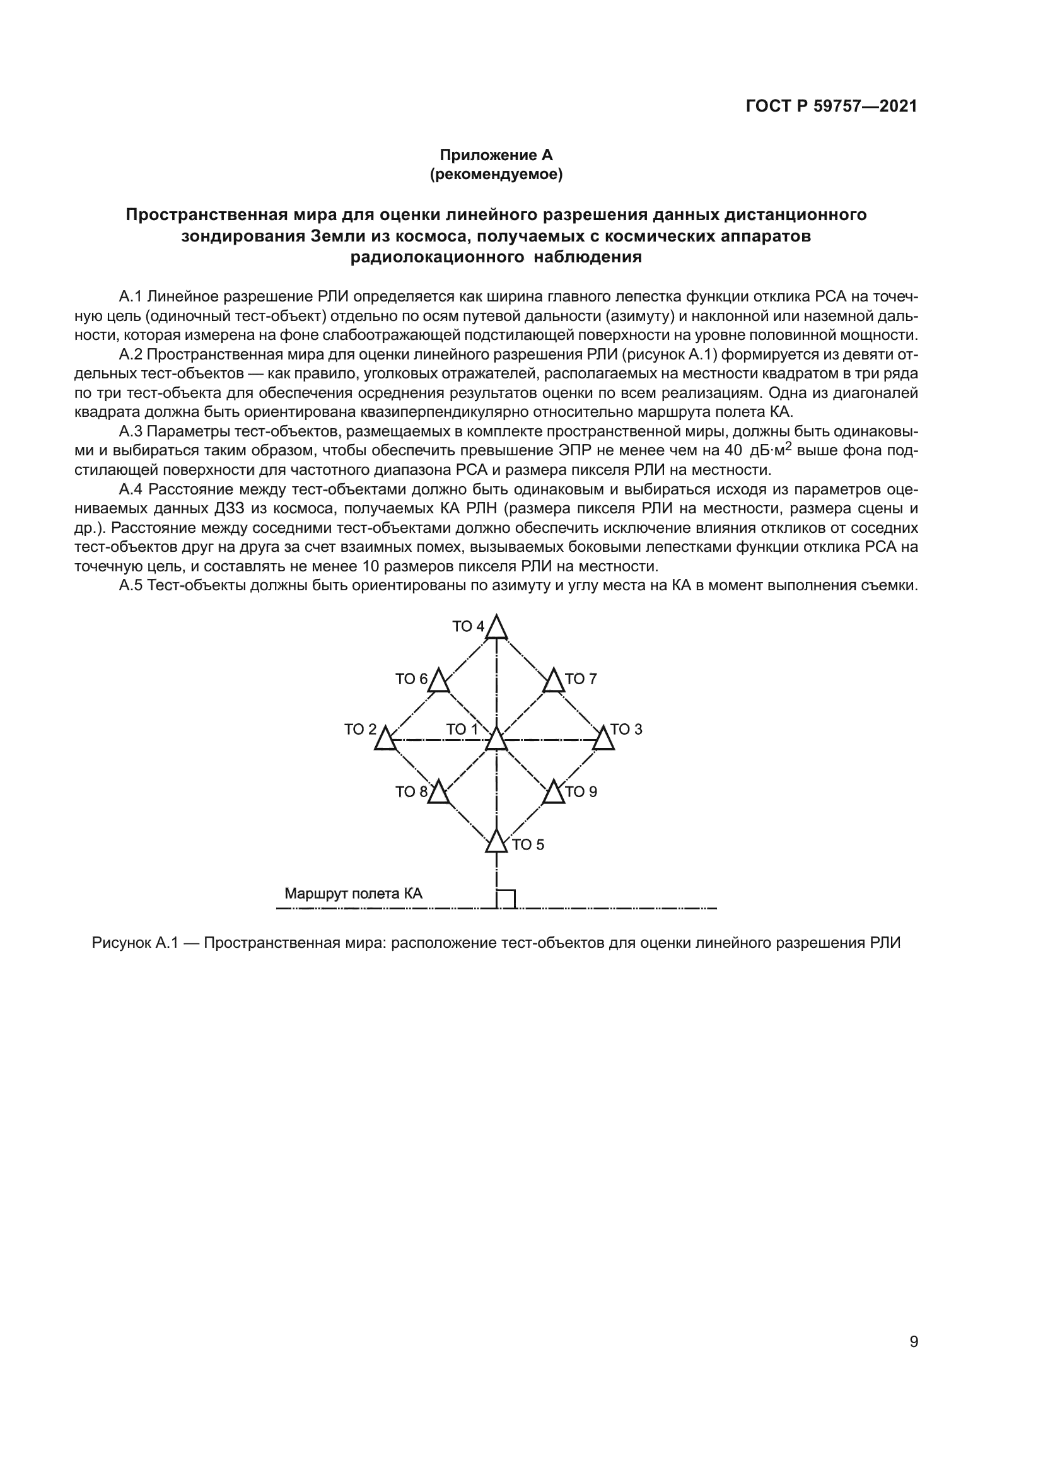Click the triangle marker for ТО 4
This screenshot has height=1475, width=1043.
496,627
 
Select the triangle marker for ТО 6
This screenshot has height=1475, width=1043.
439,681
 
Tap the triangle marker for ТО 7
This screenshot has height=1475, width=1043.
554,681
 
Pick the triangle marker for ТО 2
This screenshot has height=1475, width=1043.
385,740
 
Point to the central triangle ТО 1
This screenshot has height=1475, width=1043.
496,740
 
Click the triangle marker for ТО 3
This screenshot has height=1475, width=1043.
603,740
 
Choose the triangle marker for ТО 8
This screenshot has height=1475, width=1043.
439,793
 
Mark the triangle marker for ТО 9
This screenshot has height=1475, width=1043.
554,793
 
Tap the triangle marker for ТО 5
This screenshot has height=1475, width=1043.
496,842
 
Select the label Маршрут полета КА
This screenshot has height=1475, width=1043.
353,894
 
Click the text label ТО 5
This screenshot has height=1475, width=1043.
528,845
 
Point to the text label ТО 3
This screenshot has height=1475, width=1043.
626,729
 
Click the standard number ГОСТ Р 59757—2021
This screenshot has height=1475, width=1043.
832,107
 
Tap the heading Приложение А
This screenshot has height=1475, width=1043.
496,155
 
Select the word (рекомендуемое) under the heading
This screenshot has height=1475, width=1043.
496,174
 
